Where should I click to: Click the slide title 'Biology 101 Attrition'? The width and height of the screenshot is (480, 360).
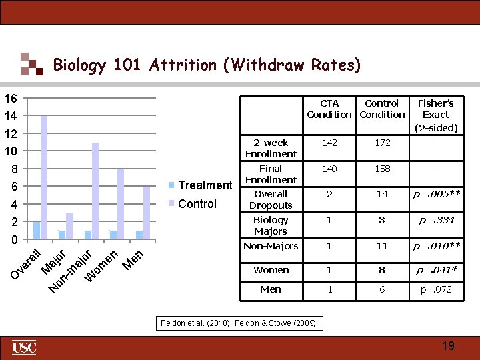click(x=207, y=65)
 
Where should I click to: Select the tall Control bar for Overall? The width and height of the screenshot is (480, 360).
click(x=44, y=177)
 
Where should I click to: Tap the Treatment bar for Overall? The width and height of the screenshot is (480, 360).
click(x=37, y=230)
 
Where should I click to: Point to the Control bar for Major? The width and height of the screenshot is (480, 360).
click(x=69, y=226)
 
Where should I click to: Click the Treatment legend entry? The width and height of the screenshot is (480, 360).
click(x=200, y=185)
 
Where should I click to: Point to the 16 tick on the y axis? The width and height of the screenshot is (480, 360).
click(x=10, y=99)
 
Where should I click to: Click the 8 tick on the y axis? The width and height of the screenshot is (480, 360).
click(x=13, y=169)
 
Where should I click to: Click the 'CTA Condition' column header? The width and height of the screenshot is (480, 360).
click(x=329, y=109)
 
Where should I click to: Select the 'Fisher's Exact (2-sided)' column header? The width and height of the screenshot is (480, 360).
click(x=435, y=115)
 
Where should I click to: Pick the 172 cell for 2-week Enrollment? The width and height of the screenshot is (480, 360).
click(x=382, y=143)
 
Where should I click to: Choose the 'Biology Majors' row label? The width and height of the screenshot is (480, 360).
click(x=271, y=225)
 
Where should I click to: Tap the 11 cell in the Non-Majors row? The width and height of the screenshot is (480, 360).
click(x=382, y=246)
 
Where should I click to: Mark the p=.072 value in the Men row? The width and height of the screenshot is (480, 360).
click(x=435, y=289)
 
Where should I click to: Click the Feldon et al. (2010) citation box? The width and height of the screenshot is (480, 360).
click(x=239, y=324)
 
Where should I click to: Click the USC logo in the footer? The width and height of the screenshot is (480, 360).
click(x=24, y=347)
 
